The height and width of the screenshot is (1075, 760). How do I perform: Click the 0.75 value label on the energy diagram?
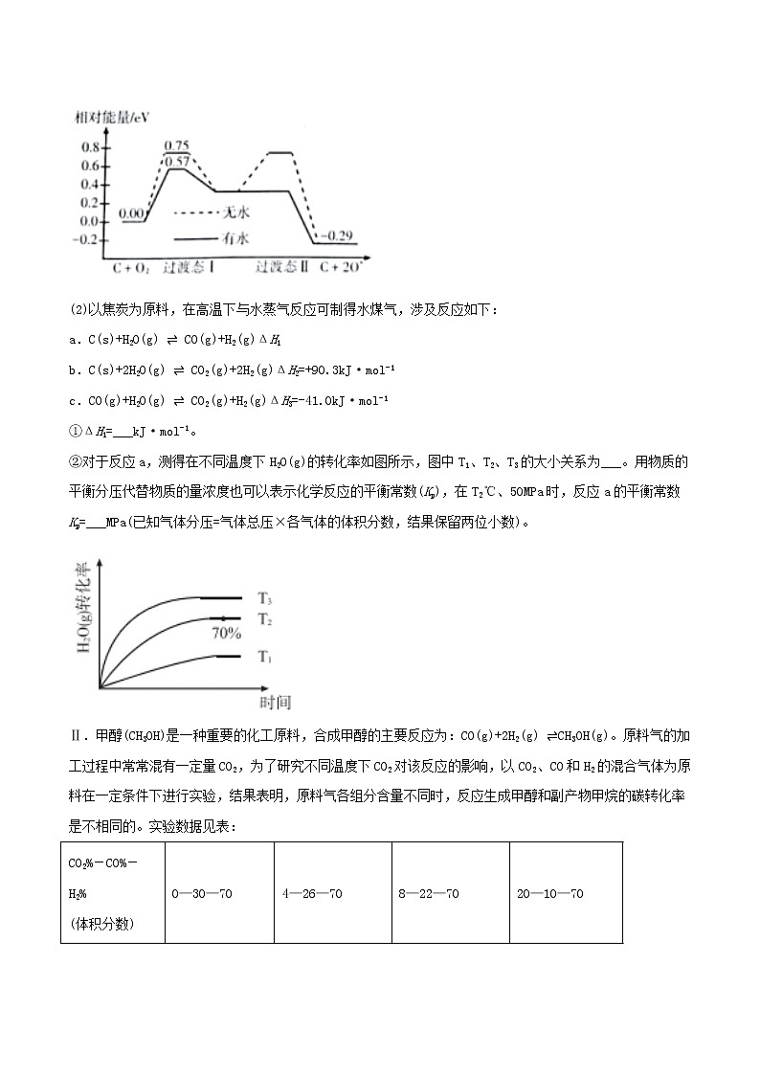tap(176, 146)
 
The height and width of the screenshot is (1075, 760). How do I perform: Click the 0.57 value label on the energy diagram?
tap(176, 161)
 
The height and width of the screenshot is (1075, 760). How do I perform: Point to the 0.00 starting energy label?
tap(132, 213)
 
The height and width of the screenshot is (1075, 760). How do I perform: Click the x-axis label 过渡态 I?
tap(189, 267)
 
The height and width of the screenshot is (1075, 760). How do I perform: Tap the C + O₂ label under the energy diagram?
tap(131, 268)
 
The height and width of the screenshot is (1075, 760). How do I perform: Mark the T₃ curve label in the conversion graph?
tap(265, 598)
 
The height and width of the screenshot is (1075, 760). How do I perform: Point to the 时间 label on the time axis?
tap(275, 703)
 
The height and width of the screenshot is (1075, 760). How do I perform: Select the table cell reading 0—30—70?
tap(202, 894)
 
